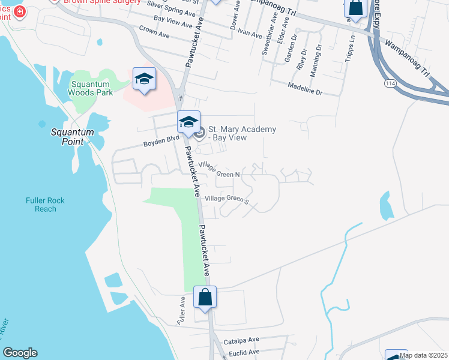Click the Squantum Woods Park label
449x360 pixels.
coord(92,88)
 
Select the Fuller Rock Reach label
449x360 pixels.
coord(45,205)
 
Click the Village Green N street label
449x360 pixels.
coord(220,170)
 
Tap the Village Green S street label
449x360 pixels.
coord(226,199)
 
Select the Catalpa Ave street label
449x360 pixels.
coord(241,340)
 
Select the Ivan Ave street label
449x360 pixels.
coord(250,30)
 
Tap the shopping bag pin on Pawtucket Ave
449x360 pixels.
coord(205,297)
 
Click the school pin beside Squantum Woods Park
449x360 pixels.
coord(144,79)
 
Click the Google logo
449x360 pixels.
coord(20,353)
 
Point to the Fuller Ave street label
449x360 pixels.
coord(182,311)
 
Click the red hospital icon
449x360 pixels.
coord(20,11)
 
